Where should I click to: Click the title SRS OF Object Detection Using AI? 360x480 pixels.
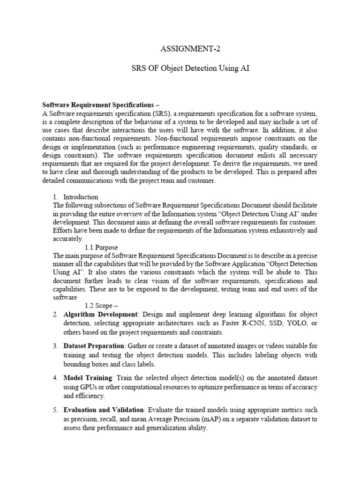[x=180, y=68]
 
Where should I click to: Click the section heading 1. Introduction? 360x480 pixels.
[x=75, y=197]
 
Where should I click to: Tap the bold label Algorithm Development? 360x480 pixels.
[x=101, y=315]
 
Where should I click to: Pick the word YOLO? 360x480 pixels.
[x=293, y=323]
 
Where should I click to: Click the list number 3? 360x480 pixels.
[x=55, y=346]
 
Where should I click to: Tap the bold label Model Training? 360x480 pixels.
[x=88, y=378]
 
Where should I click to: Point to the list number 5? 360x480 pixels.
[x=55, y=410]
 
